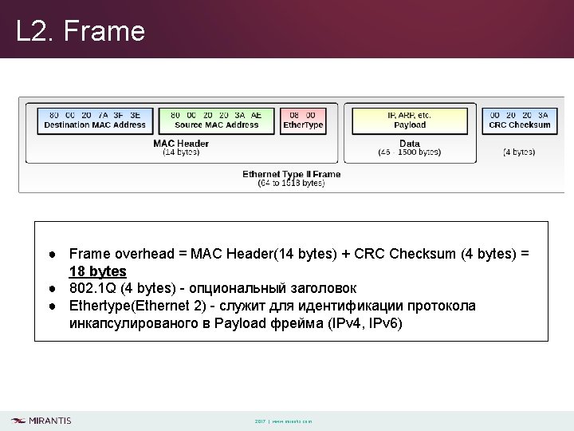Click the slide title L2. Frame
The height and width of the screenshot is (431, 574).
click(81, 31)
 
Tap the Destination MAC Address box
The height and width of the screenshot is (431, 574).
click(94, 120)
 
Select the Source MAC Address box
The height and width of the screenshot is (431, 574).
click(216, 120)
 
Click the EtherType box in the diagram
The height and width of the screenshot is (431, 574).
click(303, 120)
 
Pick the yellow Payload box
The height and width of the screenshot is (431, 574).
click(410, 120)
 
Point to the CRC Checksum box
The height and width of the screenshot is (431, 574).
click(519, 120)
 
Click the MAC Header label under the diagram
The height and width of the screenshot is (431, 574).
click(181, 144)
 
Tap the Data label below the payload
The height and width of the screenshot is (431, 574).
click(410, 144)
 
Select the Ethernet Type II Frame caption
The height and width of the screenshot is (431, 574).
click(291, 174)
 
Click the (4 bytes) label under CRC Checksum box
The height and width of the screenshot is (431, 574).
click(519, 152)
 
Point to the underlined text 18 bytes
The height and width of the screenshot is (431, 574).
click(98, 271)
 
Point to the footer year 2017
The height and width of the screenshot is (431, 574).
click(260, 421)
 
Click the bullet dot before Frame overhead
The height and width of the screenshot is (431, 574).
click(50, 254)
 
